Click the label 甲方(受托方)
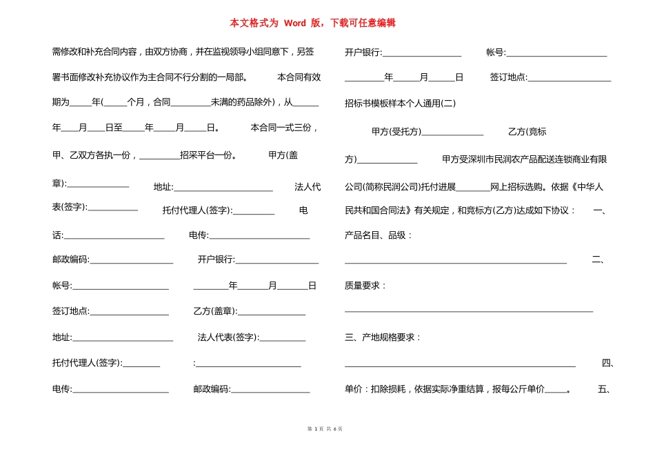click(x=396, y=132)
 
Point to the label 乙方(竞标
click(x=527, y=132)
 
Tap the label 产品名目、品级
click(x=376, y=235)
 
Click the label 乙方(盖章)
click(x=215, y=311)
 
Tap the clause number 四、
click(x=607, y=363)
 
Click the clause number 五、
click(x=605, y=389)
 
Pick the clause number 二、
click(x=598, y=259)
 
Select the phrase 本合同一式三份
click(x=283, y=128)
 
